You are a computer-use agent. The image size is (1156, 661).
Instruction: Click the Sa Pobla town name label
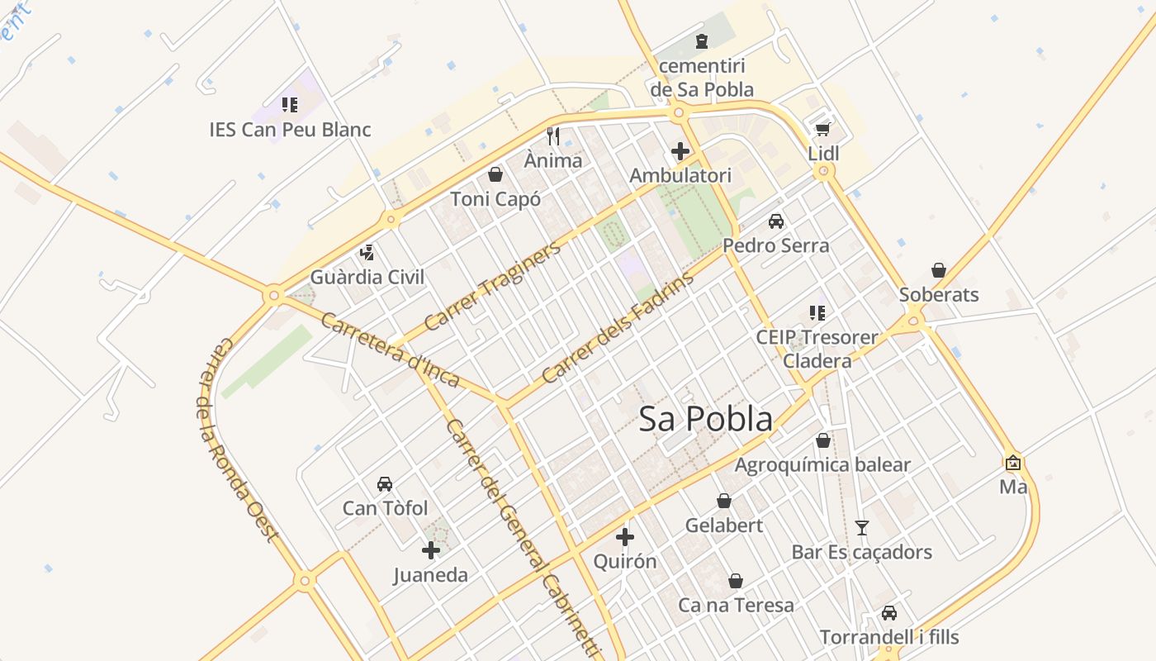(x=706, y=419)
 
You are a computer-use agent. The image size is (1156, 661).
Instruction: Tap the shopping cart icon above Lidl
(x=822, y=129)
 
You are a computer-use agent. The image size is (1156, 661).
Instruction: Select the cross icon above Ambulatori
(x=680, y=151)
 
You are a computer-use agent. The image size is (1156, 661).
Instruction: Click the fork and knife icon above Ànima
(x=553, y=136)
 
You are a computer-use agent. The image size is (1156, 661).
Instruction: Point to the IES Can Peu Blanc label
(x=290, y=130)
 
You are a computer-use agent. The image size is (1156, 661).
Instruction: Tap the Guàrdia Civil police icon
(x=367, y=252)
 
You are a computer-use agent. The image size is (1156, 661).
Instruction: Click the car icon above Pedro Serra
(x=776, y=221)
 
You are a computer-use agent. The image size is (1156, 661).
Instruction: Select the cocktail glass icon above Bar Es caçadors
(x=862, y=527)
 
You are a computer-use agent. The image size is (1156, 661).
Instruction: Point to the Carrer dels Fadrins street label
(x=618, y=329)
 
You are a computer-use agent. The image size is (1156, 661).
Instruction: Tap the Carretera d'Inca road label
(x=389, y=350)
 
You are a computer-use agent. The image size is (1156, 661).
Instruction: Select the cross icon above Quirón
(x=625, y=537)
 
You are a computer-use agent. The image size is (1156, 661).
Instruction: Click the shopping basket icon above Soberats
(x=939, y=270)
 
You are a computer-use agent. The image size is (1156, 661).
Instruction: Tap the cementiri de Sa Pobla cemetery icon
(x=702, y=40)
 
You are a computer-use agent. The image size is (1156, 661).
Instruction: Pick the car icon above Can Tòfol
(x=385, y=483)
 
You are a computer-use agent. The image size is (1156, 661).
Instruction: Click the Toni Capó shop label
(x=495, y=199)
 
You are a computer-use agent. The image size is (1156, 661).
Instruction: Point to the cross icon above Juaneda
(x=431, y=550)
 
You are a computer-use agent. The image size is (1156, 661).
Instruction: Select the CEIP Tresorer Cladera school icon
(x=817, y=312)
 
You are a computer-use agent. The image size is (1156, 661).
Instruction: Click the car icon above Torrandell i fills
(x=889, y=613)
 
